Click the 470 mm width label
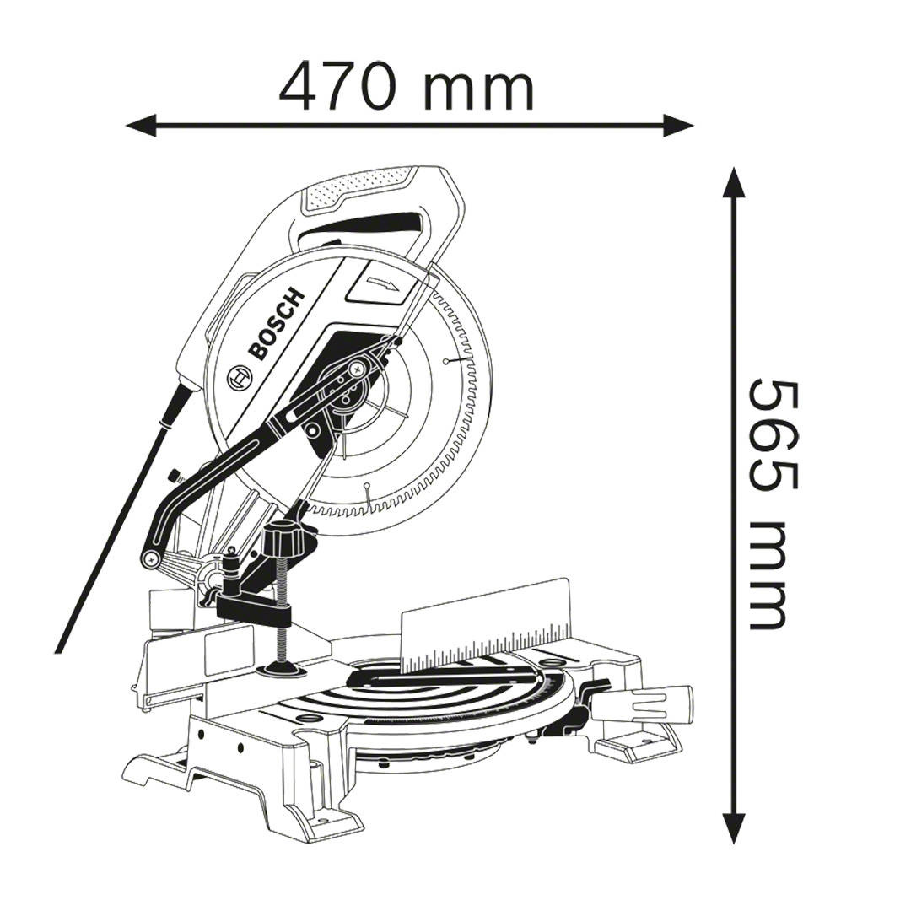click(407, 88)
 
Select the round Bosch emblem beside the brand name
click(239, 378)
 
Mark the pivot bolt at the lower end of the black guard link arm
click(153, 557)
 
